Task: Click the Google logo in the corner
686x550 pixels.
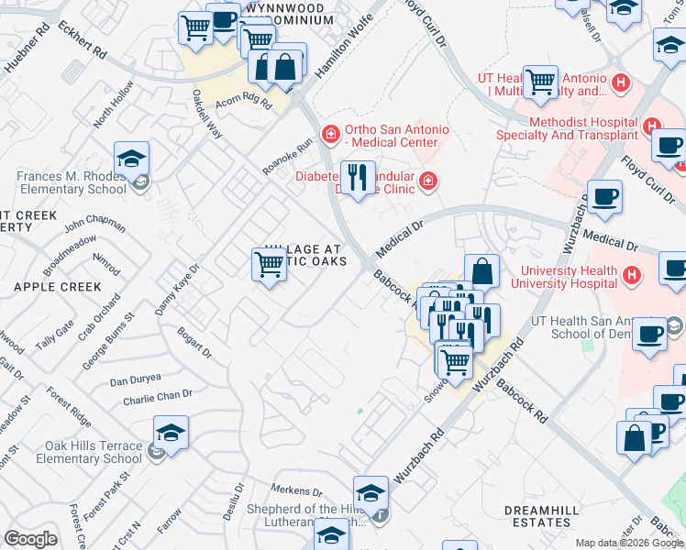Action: click(x=31, y=539)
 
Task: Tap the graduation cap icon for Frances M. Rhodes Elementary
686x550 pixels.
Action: click(x=132, y=159)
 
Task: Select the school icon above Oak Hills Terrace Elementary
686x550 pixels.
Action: click(x=171, y=432)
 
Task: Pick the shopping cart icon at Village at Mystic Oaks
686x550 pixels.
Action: click(x=269, y=264)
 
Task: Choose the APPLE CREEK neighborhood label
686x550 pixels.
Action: click(x=44, y=287)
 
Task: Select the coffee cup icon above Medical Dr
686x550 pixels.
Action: click(x=604, y=197)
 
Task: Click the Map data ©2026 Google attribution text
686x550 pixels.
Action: click(x=629, y=542)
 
